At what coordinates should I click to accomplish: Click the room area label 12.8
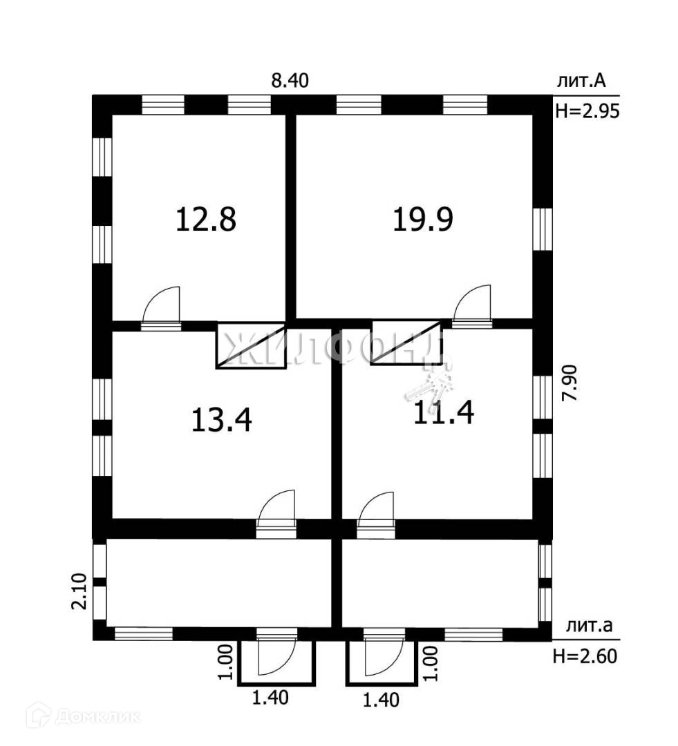[x=207, y=220]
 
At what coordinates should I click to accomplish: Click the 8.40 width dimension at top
[x=290, y=80]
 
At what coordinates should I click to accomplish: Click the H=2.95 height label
[x=585, y=111]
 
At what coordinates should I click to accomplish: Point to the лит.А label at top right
[x=581, y=81]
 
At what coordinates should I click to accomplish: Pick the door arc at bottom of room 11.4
[x=377, y=510]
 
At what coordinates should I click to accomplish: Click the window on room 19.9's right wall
[x=544, y=229]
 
